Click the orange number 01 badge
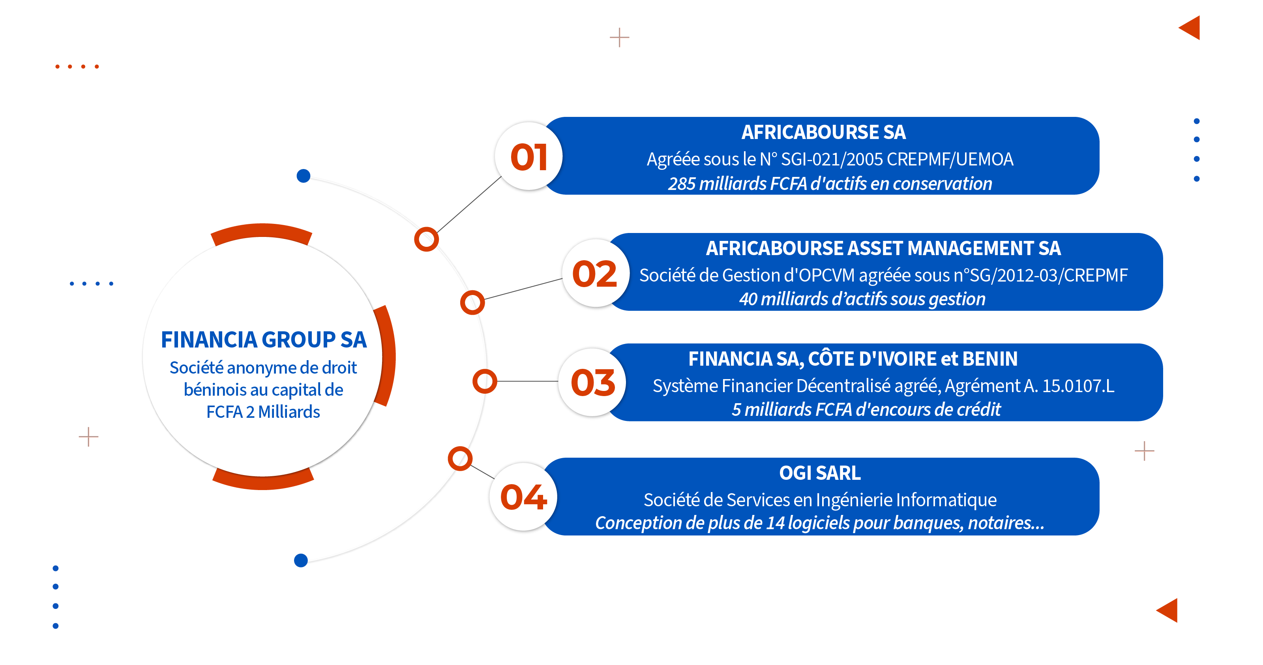pyautogui.click(x=528, y=156)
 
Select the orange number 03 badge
pyautogui.click(x=593, y=383)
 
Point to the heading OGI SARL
pyautogui.click(x=820, y=473)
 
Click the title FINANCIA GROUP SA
pyautogui.click(x=264, y=339)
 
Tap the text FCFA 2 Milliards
pyautogui.click(x=263, y=411)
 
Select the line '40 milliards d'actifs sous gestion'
pyautogui.click(x=862, y=299)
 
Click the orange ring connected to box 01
pyautogui.click(x=426, y=239)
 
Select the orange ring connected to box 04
pyautogui.click(x=460, y=458)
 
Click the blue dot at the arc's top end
pyautogui.click(x=304, y=176)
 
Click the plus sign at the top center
pyautogui.click(x=619, y=37)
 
